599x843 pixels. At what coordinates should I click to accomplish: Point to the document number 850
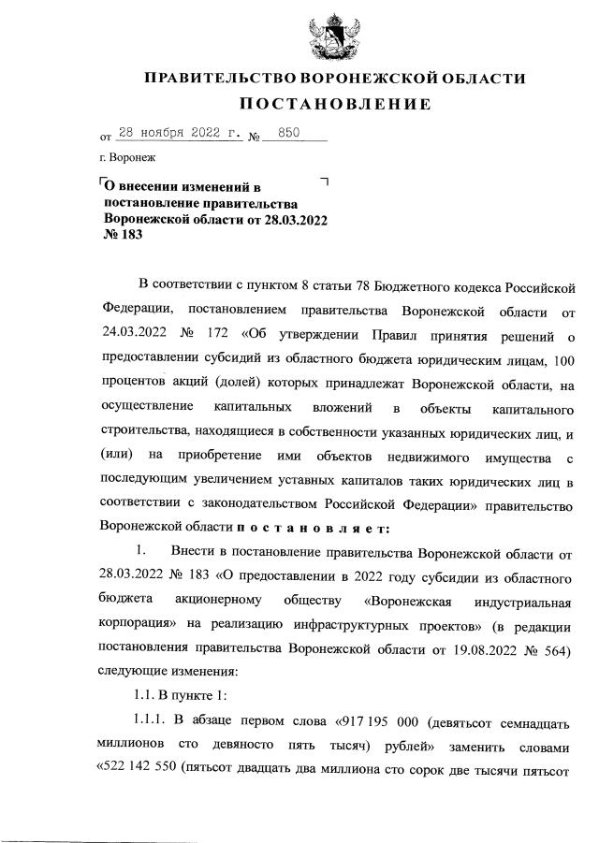(x=288, y=135)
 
